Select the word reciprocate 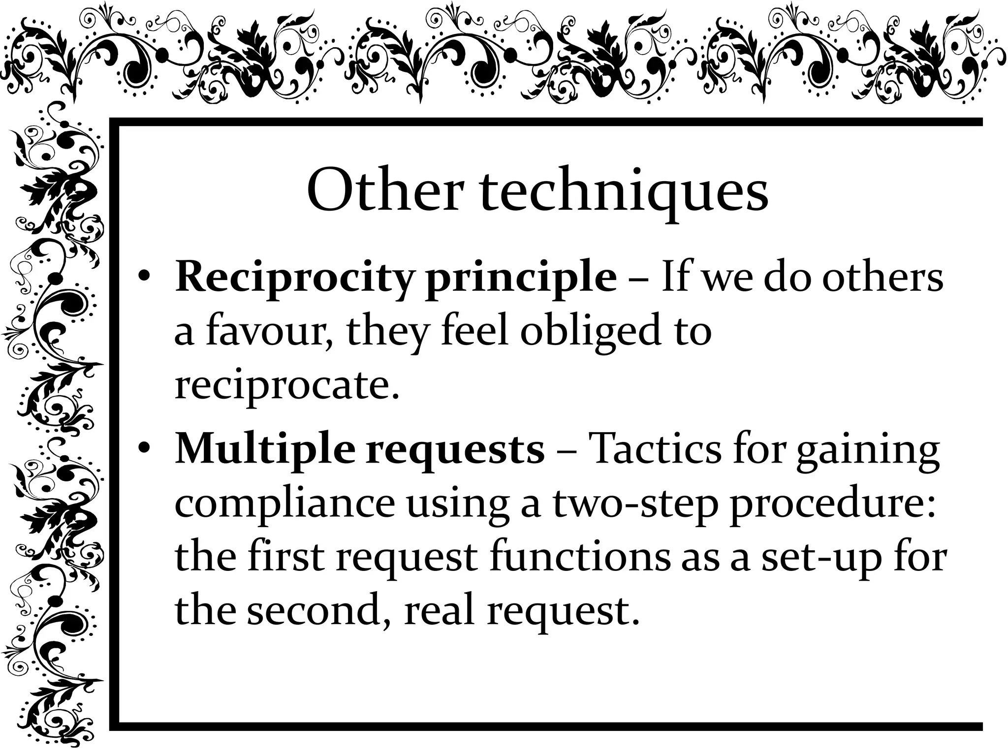[x=286, y=387]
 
